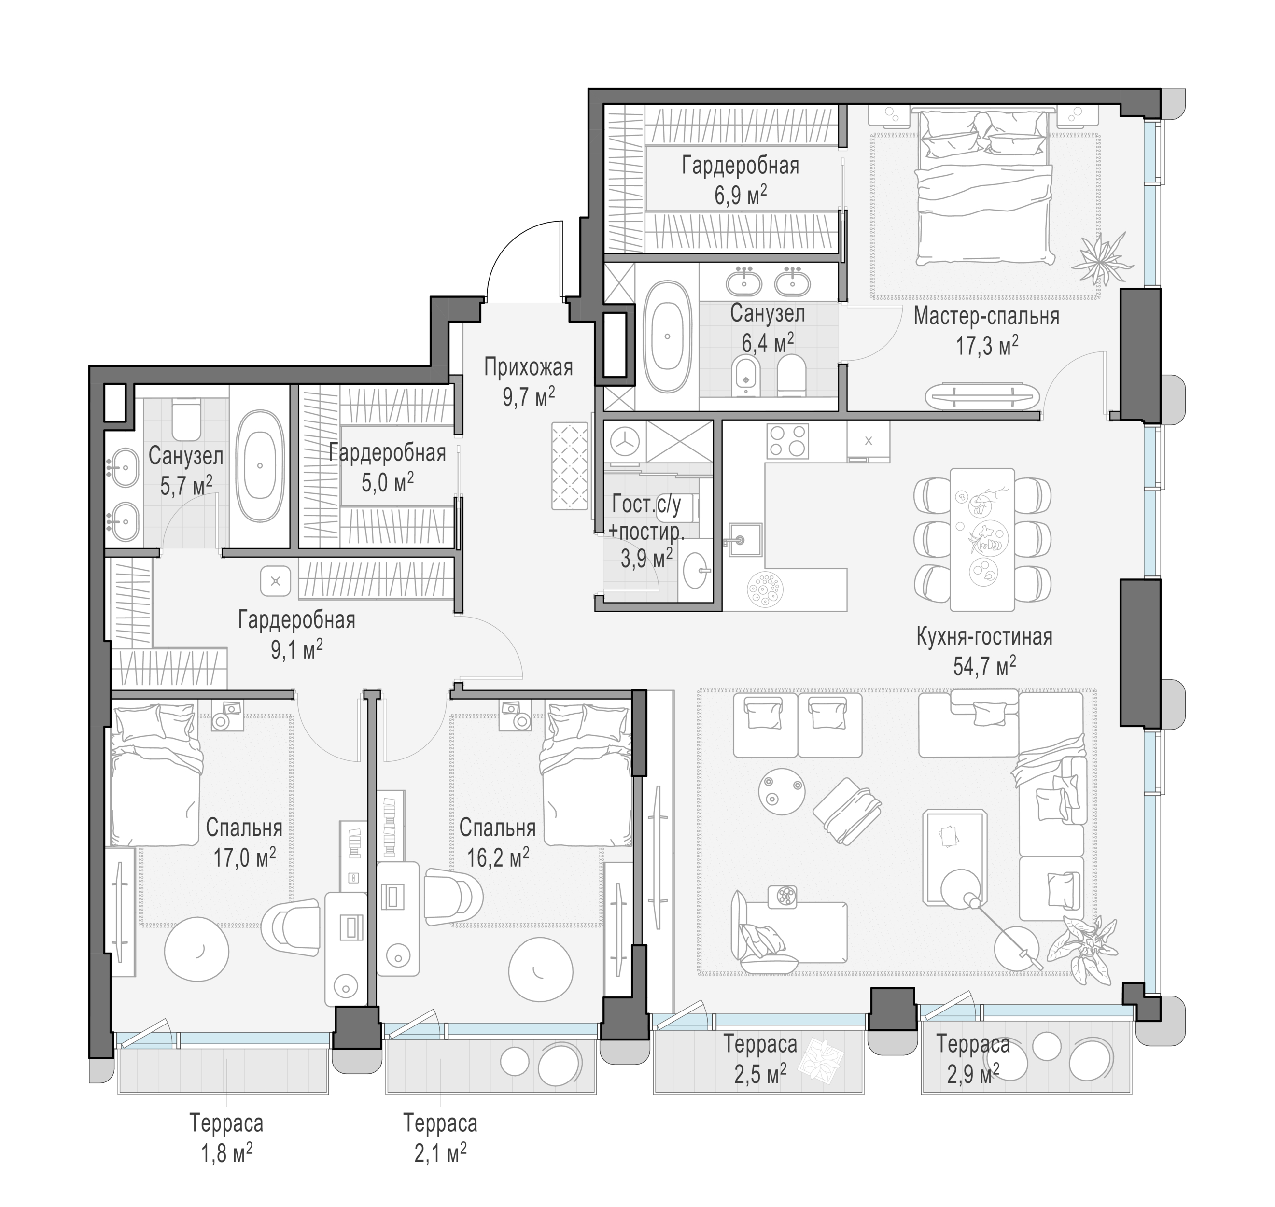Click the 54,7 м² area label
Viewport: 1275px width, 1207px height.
coord(984,666)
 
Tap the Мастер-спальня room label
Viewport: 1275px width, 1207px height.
coord(986,317)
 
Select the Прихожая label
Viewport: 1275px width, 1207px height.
coord(528,367)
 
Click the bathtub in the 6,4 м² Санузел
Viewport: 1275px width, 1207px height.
coord(667,337)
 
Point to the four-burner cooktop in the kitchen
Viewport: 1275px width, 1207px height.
coord(787,440)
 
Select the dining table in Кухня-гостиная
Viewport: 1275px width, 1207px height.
coord(982,540)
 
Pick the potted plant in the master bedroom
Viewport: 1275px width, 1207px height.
coord(1104,259)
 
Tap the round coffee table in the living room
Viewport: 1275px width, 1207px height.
coord(782,791)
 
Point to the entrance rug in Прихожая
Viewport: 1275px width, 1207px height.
coord(570,466)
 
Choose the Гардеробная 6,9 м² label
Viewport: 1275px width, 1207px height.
coord(741,180)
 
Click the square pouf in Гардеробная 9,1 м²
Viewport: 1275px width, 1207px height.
coord(275,581)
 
